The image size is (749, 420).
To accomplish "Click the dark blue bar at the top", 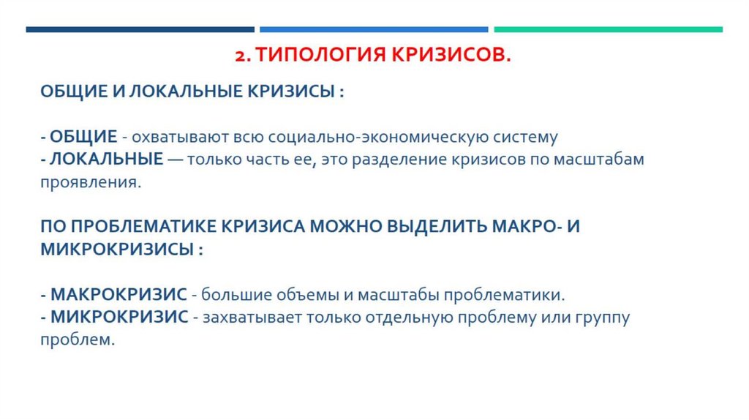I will coord(140,30).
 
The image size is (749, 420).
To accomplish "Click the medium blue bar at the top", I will coord(374,30).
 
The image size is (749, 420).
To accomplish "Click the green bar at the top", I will coord(608,30).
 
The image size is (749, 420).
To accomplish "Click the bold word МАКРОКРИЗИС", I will coord(119,295).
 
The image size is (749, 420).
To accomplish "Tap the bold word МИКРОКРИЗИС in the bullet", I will coord(119,318).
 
